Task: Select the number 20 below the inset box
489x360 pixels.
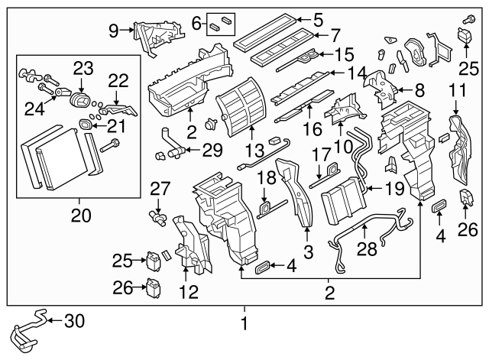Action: click(x=76, y=216)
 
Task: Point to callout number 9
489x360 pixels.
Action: click(x=113, y=31)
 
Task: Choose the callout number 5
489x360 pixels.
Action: click(x=318, y=19)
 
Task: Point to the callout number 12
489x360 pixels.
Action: click(x=186, y=290)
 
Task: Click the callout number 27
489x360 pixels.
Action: click(x=158, y=189)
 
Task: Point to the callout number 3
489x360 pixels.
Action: click(x=307, y=251)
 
